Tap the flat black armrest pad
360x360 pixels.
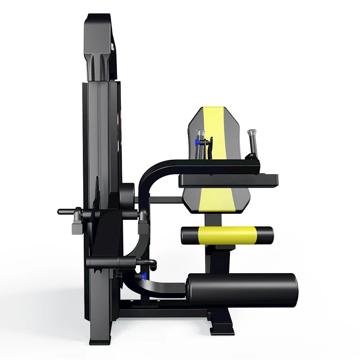click(x=229, y=180)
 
